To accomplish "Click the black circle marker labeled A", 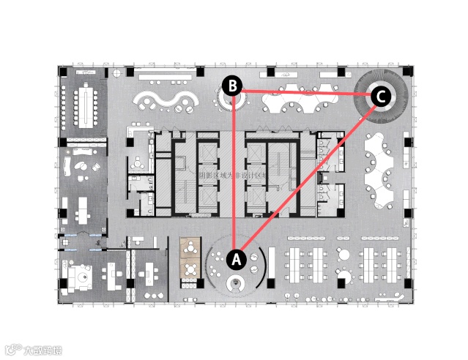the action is click(236, 258).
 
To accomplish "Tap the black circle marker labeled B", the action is click(232, 86).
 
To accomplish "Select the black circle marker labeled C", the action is click(380, 96).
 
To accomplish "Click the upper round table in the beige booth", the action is click(191, 247).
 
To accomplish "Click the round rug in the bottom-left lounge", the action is click(82, 277).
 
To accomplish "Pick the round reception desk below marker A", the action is click(236, 284).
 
